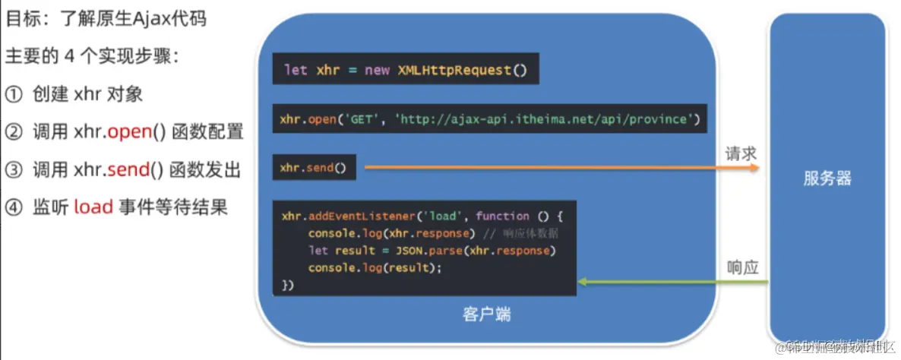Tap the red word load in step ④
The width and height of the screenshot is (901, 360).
[93, 207]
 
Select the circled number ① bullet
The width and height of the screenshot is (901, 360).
[14, 94]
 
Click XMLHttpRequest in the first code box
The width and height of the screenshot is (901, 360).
[454, 70]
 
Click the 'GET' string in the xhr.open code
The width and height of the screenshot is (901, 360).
[362, 119]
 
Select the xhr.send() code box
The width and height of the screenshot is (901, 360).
[313, 168]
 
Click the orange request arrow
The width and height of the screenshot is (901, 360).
[562, 167]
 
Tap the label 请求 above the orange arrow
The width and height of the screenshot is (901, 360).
[741, 153]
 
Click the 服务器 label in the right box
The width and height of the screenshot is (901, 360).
[827, 179]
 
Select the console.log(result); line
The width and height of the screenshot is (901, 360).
[375, 268]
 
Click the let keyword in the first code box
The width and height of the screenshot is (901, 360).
[296, 70]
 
